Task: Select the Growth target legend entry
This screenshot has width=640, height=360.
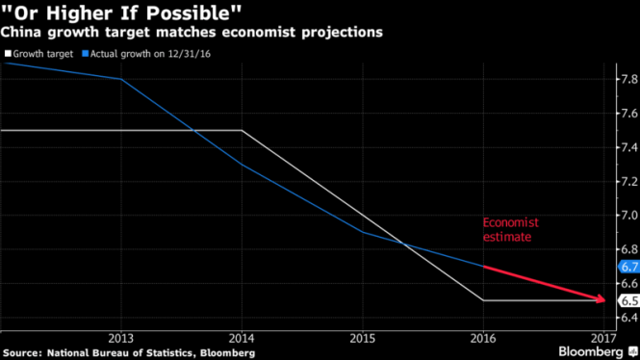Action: (x=39, y=54)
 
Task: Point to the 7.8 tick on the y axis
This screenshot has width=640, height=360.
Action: (x=627, y=78)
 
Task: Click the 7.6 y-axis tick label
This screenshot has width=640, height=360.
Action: (x=627, y=113)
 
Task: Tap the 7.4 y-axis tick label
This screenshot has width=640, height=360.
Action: (x=627, y=146)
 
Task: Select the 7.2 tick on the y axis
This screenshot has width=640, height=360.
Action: (x=627, y=181)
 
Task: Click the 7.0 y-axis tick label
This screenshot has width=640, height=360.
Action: (x=627, y=215)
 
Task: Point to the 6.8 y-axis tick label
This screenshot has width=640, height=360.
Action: (x=627, y=249)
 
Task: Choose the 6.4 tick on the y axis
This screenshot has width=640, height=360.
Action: (x=627, y=318)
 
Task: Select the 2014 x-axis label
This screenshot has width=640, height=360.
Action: (x=241, y=338)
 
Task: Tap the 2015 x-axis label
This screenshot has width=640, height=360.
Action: (x=362, y=338)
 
